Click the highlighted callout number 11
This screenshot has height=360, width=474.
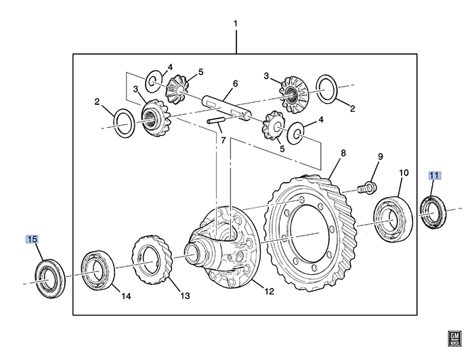(x=434, y=175)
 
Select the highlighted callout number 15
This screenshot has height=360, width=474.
(x=33, y=239)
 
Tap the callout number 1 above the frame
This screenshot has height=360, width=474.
(x=236, y=24)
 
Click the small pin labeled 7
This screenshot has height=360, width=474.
(x=216, y=120)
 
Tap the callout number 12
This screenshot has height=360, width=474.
(x=269, y=292)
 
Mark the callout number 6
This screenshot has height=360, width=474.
(x=235, y=84)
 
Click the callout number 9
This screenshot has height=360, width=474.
(x=380, y=157)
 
